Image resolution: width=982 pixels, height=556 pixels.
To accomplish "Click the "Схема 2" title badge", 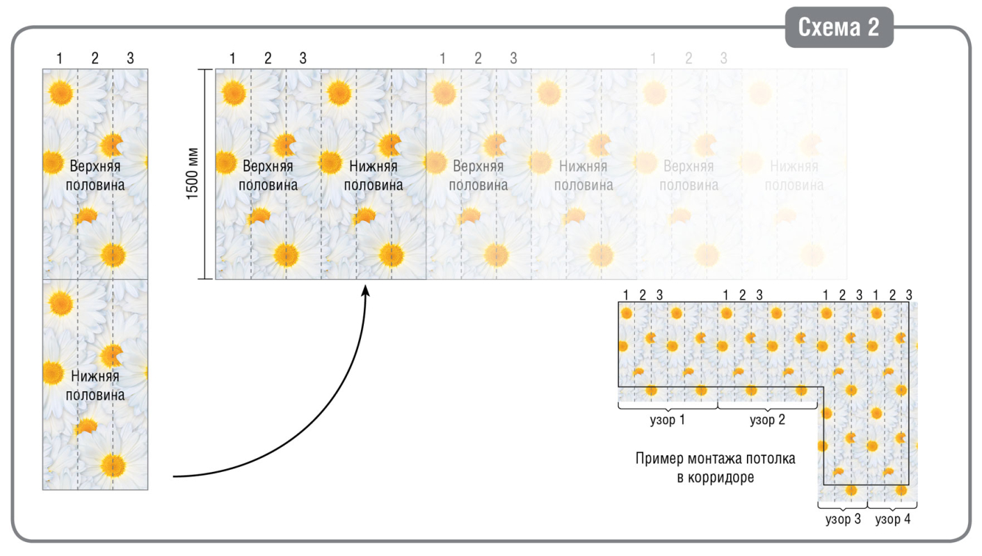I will pos(839,28).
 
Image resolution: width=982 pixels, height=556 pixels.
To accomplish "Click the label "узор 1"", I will pos(668,420).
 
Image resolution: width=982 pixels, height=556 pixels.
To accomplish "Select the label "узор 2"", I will pos(768,420).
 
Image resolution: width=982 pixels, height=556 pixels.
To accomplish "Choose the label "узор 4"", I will pos(892,519).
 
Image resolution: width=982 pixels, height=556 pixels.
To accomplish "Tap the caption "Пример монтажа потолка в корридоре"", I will pos(715,468).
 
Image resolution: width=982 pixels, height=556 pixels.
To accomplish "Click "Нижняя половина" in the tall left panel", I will pos(95,386).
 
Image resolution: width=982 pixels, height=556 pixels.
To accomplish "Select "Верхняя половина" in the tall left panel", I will pos(95,176).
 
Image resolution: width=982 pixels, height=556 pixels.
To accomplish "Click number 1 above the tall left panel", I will pos(60,59).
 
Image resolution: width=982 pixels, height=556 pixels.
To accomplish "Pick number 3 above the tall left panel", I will pos(130,59).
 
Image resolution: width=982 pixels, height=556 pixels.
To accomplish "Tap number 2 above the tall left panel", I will pos(95,59).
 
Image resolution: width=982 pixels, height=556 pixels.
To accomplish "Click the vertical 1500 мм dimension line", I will pos(205,174).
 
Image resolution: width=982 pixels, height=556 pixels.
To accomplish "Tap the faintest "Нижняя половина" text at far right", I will pos(794,176).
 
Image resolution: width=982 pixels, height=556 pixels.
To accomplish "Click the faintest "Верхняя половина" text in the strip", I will pos(689,176).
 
